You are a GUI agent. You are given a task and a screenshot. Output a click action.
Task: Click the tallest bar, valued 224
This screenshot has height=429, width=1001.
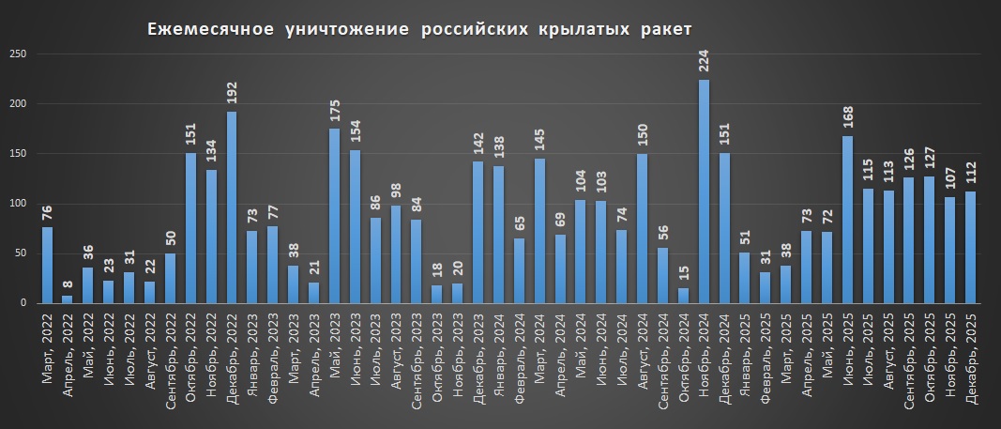point(704,192)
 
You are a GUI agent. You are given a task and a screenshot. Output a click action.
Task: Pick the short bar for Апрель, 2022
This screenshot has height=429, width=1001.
point(68,299)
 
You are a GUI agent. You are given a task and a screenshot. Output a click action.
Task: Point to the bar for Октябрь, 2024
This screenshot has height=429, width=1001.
point(683,296)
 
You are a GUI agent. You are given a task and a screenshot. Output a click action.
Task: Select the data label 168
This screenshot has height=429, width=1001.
point(847,118)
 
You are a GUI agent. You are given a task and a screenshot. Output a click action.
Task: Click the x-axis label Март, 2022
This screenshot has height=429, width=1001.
point(47,347)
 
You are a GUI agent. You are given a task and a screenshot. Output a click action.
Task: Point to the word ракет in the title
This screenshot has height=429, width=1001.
point(660,30)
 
